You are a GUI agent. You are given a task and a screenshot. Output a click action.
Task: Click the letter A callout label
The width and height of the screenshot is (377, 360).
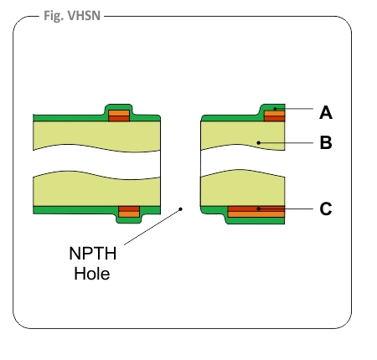tap(326, 113)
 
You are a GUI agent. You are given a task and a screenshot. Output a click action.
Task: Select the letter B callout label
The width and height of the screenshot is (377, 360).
tap(326, 142)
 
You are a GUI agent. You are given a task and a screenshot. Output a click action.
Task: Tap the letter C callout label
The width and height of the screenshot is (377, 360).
tap(326, 208)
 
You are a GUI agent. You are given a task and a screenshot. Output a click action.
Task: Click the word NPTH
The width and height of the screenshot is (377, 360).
tap(93, 254)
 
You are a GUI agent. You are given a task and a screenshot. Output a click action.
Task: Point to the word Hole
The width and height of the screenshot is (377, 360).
tap(92, 274)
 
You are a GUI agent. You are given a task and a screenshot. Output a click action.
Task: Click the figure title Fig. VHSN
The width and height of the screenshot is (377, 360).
tap(72, 16)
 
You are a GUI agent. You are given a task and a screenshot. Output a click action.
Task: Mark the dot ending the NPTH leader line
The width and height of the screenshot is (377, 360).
tap(181, 208)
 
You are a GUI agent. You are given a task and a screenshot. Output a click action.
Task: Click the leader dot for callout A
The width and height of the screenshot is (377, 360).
tap(275, 109)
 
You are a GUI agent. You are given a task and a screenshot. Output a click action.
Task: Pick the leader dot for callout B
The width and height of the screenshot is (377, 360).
tap(259, 143)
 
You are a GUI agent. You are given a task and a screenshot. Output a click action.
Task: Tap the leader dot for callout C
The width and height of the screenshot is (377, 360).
tap(259, 208)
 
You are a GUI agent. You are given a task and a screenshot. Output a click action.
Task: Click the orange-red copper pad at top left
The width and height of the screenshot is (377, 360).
tap(119, 116)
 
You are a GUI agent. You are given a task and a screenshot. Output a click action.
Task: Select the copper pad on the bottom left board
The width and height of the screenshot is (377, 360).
tap(129, 212)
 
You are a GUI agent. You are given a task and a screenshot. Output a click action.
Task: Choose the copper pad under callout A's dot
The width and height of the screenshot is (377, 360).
tap(275, 116)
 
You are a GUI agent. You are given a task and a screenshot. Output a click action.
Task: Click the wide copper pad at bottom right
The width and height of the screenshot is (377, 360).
tap(256, 212)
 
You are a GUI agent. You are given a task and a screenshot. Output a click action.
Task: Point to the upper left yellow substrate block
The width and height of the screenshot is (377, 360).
tap(96, 136)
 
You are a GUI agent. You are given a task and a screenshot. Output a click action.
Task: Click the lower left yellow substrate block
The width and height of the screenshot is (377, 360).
tap(96, 190)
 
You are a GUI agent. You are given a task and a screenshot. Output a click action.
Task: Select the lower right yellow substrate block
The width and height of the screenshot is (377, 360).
tap(243, 188)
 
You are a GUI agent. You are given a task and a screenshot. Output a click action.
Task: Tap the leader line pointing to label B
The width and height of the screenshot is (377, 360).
tap(286, 143)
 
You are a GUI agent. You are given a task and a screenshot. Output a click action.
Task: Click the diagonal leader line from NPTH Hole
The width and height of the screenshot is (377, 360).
tap(152, 227)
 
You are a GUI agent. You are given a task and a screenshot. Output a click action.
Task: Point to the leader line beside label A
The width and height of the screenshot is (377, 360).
tap(294, 109)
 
